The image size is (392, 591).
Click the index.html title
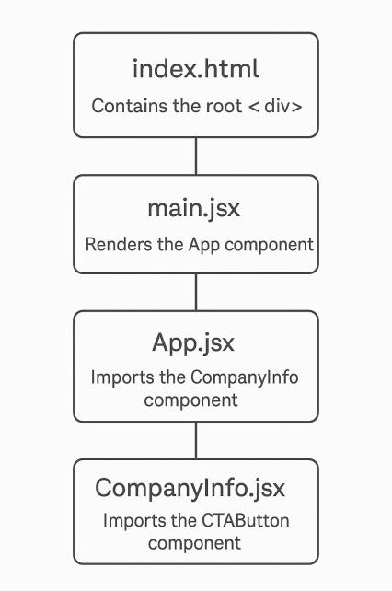[x=196, y=70]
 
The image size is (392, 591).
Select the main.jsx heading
[x=194, y=208]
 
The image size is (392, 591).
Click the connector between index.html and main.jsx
[x=196, y=156]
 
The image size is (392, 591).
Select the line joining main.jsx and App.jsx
[x=196, y=292]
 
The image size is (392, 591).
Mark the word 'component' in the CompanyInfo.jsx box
[x=194, y=543]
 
